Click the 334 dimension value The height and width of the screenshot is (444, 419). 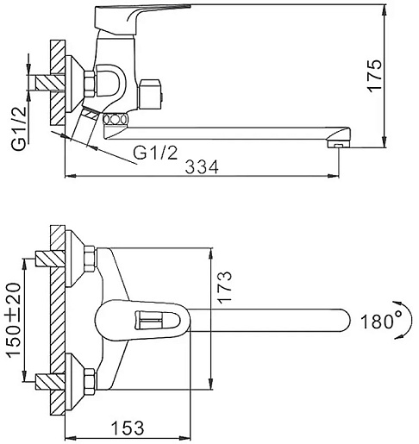pyautogui.click(x=202, y=167)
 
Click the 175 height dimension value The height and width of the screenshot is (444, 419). pyautogui.click(x=375, y=76)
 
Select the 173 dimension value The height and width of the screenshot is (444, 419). pyautogui.click(x=224, y=287)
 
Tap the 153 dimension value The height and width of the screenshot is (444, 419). pyautogui.click(x=128, y=428)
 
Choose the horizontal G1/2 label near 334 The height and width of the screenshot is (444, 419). pyautogui.click(x=155, y=153)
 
